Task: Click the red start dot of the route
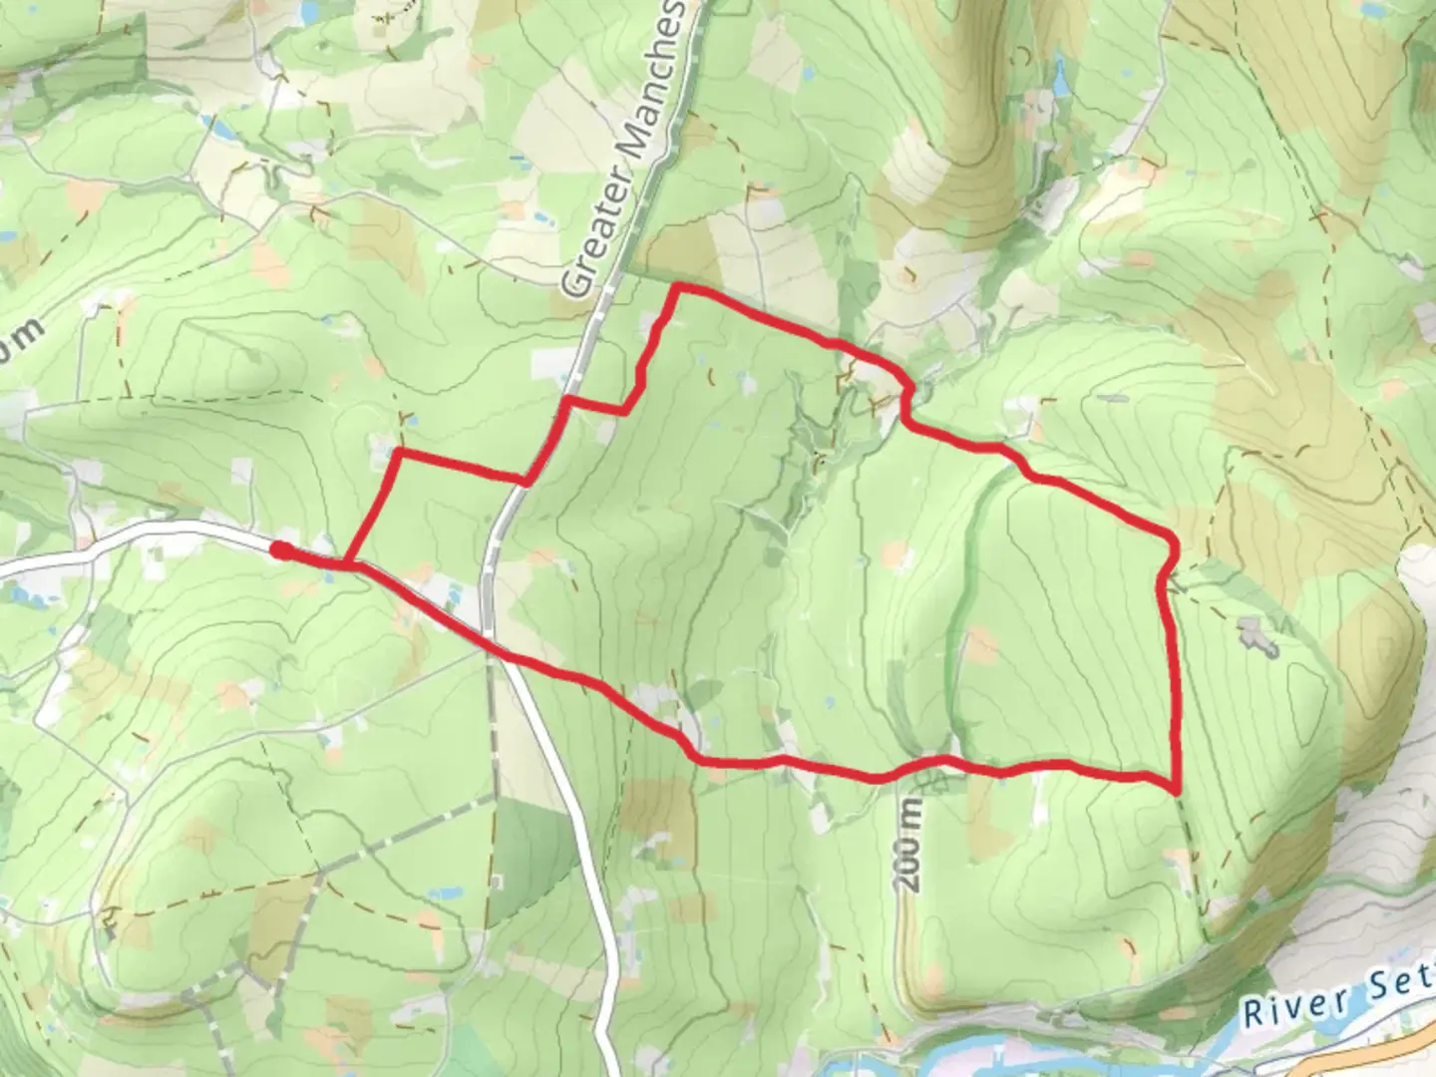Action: coord(281,550)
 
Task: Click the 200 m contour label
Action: coord(910,842)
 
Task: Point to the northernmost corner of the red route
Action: coord(678,287)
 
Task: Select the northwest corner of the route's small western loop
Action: coord(399,454)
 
